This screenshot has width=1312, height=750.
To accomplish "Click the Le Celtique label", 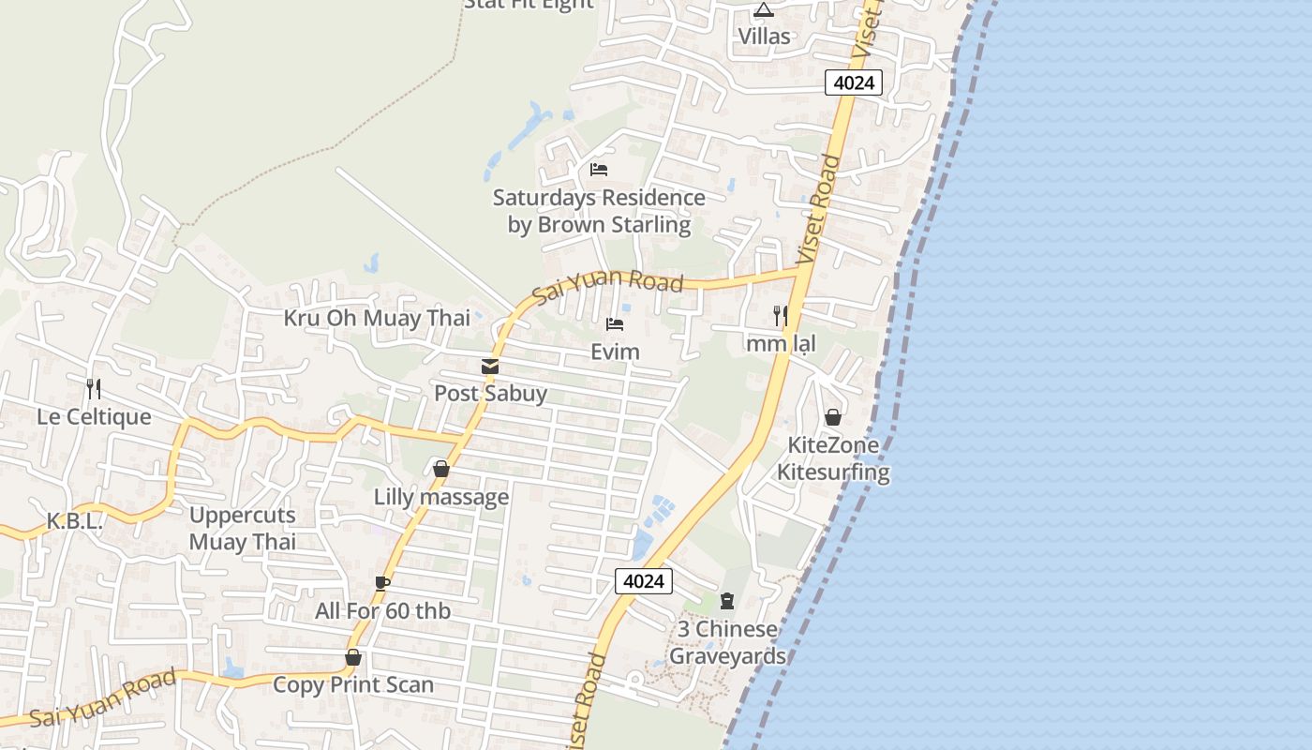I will point(94,416).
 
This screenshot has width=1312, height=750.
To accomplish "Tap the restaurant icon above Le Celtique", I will point(94,388).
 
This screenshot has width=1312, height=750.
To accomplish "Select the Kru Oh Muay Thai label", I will point(377,318).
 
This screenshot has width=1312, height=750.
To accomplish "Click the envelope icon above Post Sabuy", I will point(490,367).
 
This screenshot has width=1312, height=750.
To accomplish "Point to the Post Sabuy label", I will point(490,393).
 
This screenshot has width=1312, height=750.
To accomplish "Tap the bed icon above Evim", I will point(615,324).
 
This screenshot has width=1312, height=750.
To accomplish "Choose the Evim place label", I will point(615,352).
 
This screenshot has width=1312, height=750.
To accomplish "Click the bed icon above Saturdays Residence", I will point(599,170).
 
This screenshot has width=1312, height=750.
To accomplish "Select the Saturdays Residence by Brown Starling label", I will point(599,211).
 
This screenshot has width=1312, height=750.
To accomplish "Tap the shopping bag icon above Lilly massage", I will point(441,469).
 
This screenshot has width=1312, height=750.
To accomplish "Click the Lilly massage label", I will point(441,497).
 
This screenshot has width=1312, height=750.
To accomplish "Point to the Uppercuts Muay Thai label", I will point(243,528).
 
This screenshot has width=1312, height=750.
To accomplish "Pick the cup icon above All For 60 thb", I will point(382,583).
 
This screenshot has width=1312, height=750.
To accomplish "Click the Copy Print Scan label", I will point(353,684).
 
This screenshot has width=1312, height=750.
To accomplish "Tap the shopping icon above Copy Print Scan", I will point(353,657).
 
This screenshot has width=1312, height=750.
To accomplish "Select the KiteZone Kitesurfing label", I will point(833,457).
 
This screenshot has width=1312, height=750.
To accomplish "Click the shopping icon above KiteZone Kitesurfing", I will point(833,417).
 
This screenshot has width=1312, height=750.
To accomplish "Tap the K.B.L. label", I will point(75,522).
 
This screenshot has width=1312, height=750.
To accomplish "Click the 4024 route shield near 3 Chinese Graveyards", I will point(644,581).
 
